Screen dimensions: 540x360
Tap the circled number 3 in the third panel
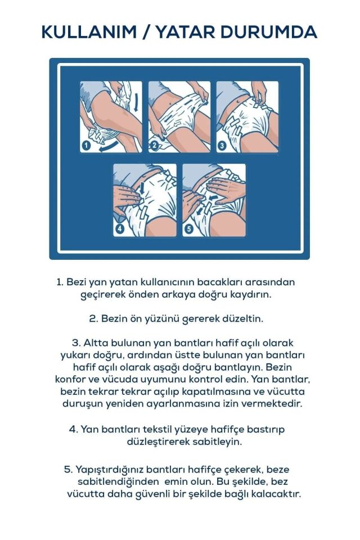click(221, 145)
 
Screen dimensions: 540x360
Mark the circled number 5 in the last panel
click(188, 229)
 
